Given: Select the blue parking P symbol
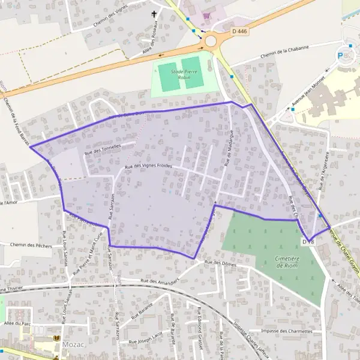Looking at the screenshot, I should (341, 55).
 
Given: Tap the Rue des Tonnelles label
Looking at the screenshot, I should (103, 148).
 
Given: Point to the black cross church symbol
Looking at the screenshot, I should (154, 14).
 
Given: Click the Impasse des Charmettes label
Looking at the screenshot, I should (287, 331).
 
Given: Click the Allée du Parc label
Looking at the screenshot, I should (16, 323).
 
